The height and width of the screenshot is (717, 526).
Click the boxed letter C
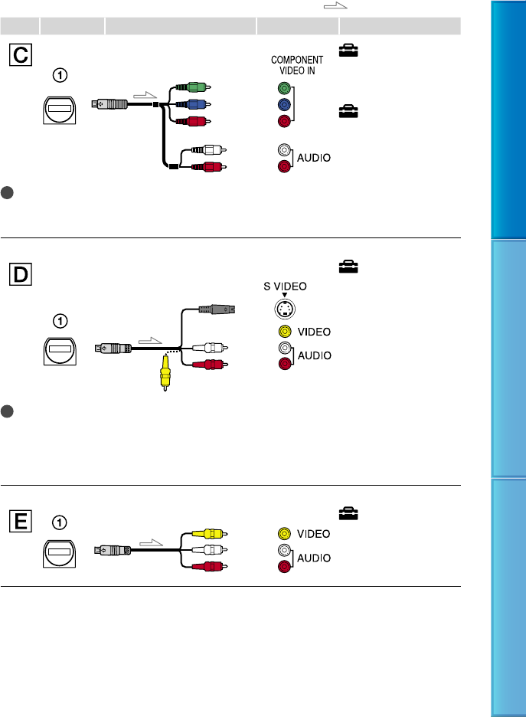(x=20, y=53)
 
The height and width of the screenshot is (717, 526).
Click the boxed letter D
(x=20, y=271)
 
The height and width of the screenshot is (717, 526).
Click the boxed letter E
(x=20, y=522)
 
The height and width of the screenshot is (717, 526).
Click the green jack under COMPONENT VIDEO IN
(x=284, y=88)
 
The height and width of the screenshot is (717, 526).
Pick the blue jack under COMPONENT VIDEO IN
(x=284, y=104)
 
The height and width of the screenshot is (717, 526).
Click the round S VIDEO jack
(x=284, y=309)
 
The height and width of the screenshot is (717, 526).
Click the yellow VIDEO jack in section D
(x=284, y=332)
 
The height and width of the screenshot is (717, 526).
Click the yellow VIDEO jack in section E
(x=284, y=533)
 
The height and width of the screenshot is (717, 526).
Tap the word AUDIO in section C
(x=313, y=159)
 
